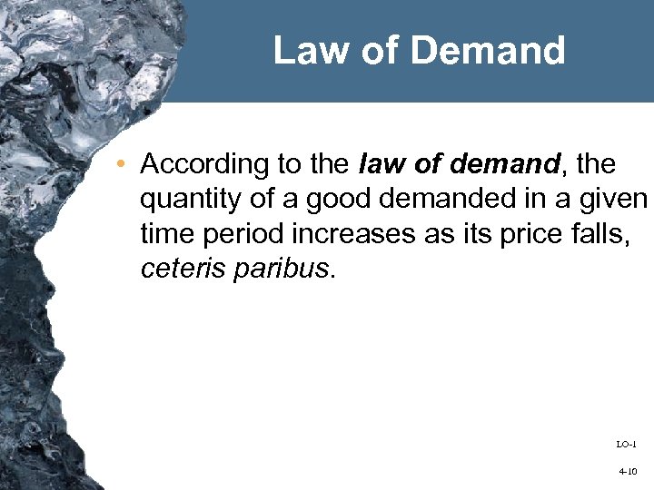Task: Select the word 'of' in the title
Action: click(379, 51)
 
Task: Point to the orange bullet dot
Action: click(122, 165)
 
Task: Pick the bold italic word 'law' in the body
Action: click(380, 164)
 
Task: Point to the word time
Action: click(164, 233)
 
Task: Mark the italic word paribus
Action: click(277, 269)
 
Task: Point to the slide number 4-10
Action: click(626, 473)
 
